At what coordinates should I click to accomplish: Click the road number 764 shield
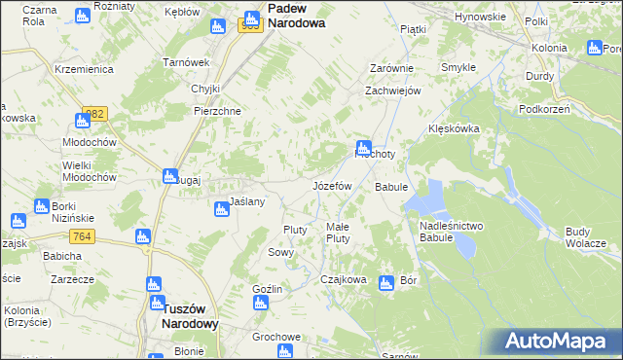81,237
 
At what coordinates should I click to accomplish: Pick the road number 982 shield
94,114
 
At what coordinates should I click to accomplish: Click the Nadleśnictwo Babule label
450,231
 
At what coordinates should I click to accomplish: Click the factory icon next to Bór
385,283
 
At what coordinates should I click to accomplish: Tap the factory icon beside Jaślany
222,209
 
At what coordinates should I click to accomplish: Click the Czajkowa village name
344,279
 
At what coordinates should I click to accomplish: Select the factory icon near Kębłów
217,27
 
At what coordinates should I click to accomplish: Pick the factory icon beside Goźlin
260,304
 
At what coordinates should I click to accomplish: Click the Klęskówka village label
456,128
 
